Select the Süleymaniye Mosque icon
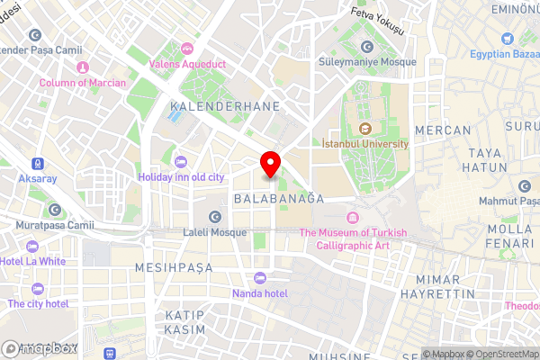click(367, 47)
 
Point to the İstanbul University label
click(364, 143)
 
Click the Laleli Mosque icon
click(214, 216)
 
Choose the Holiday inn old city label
click(180, 177)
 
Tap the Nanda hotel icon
click(260, 277)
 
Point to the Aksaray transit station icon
click(37, 164)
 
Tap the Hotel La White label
click(33, 261)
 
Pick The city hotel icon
click(38, 289)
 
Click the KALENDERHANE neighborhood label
click(223, 106)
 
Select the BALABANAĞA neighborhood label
click(277, 197)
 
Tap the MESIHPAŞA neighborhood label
click(173, 268)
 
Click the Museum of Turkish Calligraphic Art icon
click(352, 218)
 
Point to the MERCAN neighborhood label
click(443, 130)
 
